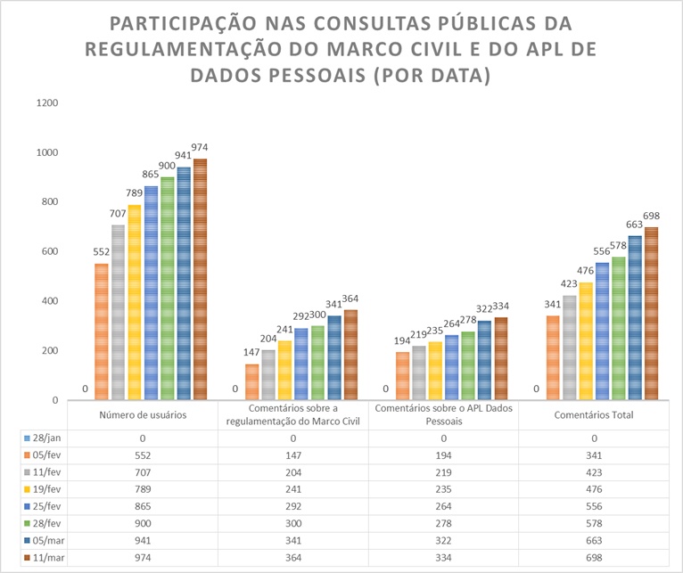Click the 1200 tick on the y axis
pyautogui.click(x=46, y=102)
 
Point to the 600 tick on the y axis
pyautogui.click(x=49, y=251)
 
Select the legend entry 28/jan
pyautogui.click(x=42, y=438)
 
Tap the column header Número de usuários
pyautogui.click(x=143, y=414)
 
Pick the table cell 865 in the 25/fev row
pyautogui.click(x=143, y=506)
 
